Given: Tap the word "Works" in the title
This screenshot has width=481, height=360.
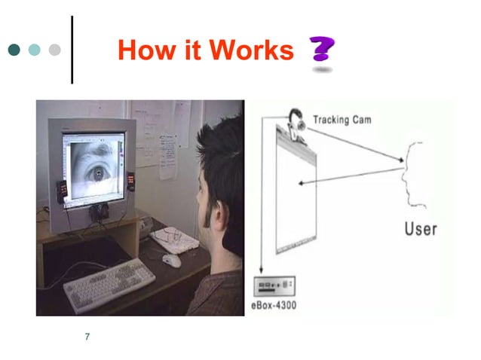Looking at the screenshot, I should pos(251,50).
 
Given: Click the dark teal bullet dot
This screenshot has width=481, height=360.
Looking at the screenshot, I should pos(14,50).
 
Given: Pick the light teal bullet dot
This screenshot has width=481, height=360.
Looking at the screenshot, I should pos(34,50).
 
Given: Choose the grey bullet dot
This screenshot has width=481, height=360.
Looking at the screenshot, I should pos(54,50).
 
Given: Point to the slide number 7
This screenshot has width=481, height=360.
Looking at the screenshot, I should pos(87,337).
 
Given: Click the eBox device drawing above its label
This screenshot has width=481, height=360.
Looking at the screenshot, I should pos(274,284).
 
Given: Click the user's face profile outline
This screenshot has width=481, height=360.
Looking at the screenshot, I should pos(412,173).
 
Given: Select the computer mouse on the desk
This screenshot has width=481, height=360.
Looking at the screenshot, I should pos(172,260).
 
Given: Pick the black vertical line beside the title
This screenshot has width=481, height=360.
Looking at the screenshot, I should pos(73,50).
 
